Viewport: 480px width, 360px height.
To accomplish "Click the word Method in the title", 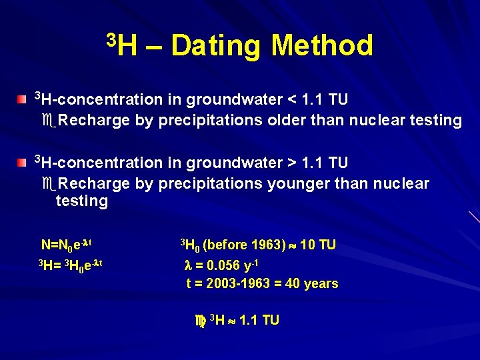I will [x=322, y=46].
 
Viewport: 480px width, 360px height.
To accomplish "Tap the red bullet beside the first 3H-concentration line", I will [x=23, y=99].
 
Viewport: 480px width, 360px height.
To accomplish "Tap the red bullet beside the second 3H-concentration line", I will [x=23, y=162].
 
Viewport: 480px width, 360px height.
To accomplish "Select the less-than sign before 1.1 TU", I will [x=291, y=100].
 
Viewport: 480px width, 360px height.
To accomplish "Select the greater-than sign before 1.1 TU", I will [x=291, y=163].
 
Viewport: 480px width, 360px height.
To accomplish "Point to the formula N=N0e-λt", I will [x=71, y=245].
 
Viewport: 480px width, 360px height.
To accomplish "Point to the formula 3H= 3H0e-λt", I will [x=69, y=264].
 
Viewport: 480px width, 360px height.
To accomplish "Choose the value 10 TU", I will [x=318, y=245].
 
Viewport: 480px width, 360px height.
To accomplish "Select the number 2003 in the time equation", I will [x=221, y=283].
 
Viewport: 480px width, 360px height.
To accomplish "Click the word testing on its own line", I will [x=82, y=201].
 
